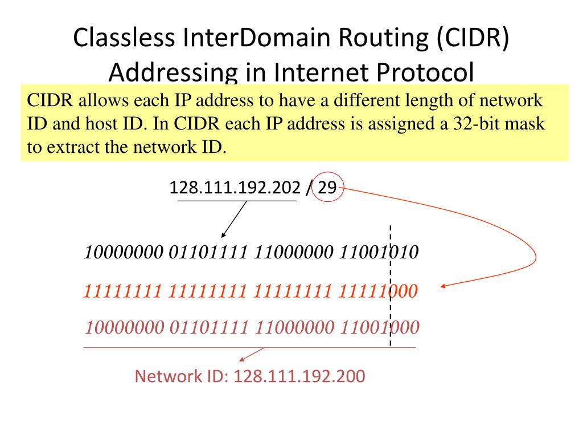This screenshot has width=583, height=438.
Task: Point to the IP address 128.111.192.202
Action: [235, 188]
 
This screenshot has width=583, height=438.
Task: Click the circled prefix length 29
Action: [327, 188]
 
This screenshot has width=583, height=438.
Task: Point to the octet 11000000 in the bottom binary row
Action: [294, 328]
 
